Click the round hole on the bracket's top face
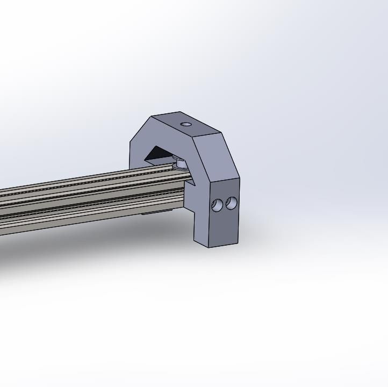point(186,124)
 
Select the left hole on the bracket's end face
point(218,205)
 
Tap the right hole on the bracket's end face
point(232,203)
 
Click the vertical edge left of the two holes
point(209,215)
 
